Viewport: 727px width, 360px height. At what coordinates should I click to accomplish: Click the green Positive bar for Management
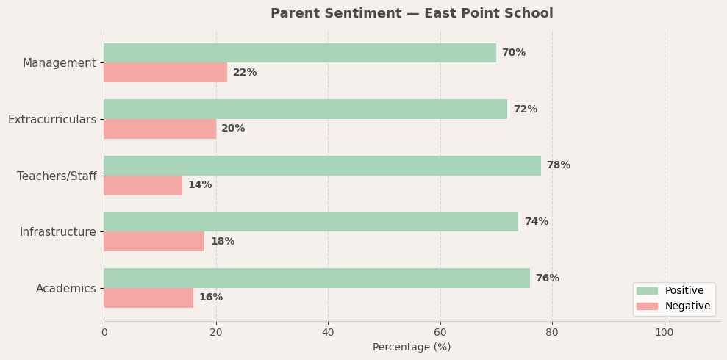(300, 53)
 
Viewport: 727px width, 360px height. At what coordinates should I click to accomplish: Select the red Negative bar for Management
(165, 73)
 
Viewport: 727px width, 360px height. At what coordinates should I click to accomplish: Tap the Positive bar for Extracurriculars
(305, 109)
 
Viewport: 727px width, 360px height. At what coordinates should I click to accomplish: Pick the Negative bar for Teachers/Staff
(143, 185)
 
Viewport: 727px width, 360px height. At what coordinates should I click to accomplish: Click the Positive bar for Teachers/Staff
(322, 165)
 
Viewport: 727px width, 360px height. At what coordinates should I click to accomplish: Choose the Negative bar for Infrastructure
(154, 242)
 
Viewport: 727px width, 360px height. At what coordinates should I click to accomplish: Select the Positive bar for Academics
(317, 278)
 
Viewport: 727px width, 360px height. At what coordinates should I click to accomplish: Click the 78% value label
(558, 165)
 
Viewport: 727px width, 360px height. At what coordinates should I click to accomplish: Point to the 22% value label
(245, 73)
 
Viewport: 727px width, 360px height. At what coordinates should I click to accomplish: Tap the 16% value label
(211, 298)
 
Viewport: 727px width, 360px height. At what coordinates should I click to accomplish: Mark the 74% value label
(536, 222)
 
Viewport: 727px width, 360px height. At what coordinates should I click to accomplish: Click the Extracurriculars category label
(52, 119)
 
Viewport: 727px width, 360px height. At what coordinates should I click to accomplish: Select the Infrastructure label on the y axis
(58, 232)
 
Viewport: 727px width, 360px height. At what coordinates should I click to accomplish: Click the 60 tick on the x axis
(440, 332)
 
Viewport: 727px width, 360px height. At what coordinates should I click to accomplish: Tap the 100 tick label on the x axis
(665, 332)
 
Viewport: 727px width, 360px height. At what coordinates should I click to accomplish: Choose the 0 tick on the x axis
(104, 332)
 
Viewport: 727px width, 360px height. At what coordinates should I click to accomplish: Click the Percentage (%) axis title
(412, 347)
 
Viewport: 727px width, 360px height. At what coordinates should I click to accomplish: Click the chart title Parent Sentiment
(412, 14)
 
